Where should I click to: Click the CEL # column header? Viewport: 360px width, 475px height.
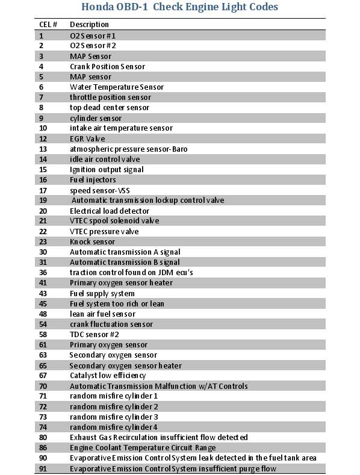(x=48, y=25)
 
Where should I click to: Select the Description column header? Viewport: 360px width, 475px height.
(x=89, y=25)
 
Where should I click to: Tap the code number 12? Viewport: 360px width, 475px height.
(x=43, y=138)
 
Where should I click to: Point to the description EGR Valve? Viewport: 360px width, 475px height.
(x=87, y=138)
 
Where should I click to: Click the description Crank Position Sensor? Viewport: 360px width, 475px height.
(x=107, y=66)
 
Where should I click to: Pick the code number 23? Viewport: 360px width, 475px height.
(x=43, y=241)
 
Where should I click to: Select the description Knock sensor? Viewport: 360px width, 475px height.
(x=92, y=241)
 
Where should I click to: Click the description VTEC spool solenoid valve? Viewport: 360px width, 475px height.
(x=114, y=221)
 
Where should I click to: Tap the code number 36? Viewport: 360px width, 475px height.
(x=43, y=272)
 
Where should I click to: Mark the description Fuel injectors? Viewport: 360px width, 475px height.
(x=93, y=179)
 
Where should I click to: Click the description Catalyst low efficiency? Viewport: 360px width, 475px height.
(x=108, y=376)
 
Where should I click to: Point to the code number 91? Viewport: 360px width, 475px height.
(x=43, y=468)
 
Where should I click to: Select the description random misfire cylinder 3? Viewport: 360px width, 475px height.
(x=114, y=417)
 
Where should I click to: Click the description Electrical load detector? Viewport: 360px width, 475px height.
(x=110, y=211)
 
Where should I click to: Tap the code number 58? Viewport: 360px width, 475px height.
(x=43, y=334)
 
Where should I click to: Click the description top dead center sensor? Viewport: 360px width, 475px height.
(x=110, y=107)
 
